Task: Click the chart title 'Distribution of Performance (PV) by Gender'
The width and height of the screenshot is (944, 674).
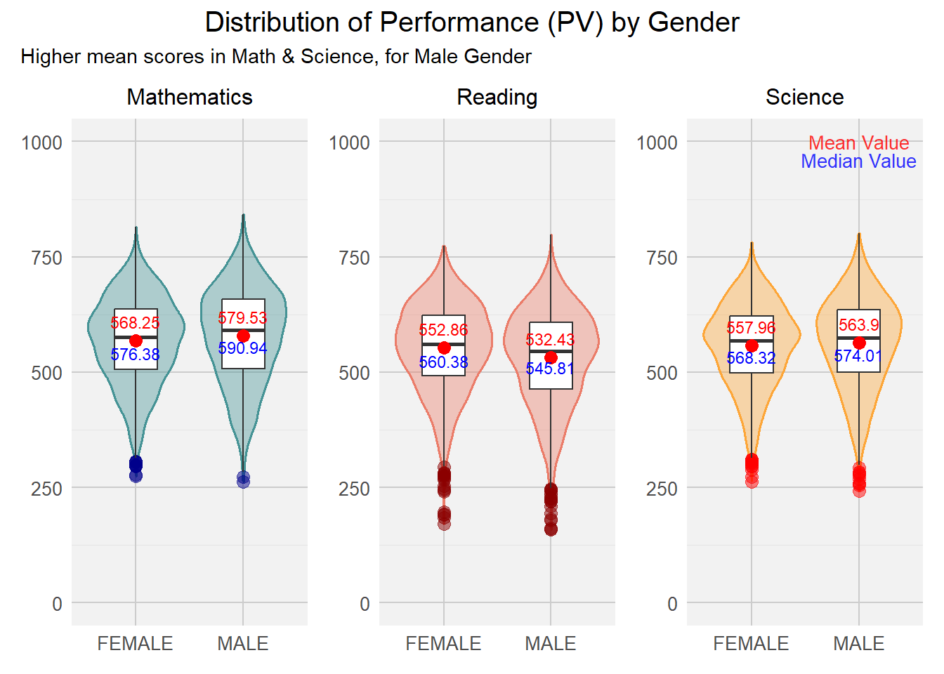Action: (471, 22)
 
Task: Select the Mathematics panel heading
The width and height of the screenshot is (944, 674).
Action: (190, 97)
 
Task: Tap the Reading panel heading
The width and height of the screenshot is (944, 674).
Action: (497, 97)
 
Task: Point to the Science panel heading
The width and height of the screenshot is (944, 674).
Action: (804, 97)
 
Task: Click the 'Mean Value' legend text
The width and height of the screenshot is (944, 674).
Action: (858, 143)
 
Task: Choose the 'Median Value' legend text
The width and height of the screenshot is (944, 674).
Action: (858, 161)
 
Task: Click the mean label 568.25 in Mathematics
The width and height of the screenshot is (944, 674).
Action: (135, 323)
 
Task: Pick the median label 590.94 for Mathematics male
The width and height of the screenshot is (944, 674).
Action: (242, 348)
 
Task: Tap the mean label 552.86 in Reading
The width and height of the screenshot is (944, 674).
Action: (443, 330)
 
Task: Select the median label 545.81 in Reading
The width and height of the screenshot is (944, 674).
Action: (550, 369)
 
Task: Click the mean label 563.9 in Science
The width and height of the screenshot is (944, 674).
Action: (858, 325)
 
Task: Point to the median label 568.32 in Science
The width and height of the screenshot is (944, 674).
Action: (751, 358)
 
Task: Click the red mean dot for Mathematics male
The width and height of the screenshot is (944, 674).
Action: (243, 336)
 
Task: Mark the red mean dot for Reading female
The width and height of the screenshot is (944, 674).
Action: (444, 348)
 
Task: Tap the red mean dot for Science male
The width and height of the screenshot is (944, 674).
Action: (859, 343)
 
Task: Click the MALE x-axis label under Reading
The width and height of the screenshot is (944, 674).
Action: (550, 643)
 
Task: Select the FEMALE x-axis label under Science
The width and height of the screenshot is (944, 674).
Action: (751, 643)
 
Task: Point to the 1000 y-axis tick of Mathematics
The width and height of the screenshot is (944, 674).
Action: (42, 143)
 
